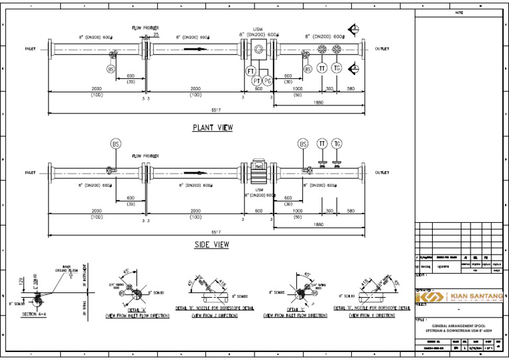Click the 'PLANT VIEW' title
point(213,127)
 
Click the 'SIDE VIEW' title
point(211,245)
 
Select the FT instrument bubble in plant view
point(251,71)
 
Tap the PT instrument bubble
point(257,80)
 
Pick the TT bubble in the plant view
point(322,68)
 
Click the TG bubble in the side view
point(337,144)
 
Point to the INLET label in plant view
point(30,49)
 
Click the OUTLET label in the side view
point(382,172)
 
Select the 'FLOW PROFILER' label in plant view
point(145,28)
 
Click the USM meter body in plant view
point(258,49)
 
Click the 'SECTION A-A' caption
point(34,314)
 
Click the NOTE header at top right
point(459,13)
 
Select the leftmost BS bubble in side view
point(116,143)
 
